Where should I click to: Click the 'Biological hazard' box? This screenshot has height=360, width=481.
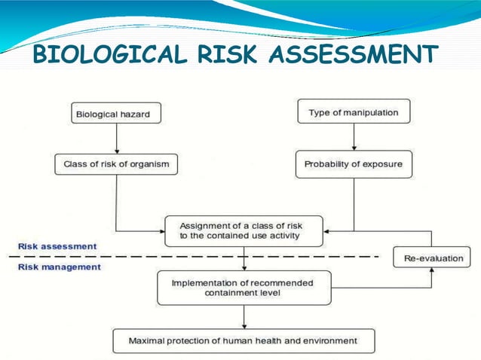(x=116, y=114)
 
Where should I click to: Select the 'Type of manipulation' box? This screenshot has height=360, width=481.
(x=354, y=113)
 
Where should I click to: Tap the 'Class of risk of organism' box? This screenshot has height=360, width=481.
(x=116, y=164)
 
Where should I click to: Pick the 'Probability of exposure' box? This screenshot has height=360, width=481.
(x=354, y=164)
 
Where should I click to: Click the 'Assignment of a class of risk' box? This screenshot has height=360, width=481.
(x=244, y=230)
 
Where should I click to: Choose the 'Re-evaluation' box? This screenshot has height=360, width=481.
(x=432, y=258)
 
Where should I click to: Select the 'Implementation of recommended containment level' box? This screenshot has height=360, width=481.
(x=244, y=287)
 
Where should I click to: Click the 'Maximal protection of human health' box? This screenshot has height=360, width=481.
(x=243, y=340)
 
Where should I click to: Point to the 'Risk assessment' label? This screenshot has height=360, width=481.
(x=57, y=246)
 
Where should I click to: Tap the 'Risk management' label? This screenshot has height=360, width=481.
(x=60, y=267)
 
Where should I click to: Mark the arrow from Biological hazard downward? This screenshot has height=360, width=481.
(x=116, y=139)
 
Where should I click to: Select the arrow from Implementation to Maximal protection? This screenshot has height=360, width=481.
(x=244, y=316)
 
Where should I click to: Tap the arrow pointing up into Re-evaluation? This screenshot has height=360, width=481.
(x=432, y=276)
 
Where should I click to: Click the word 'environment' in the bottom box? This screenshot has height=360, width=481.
(x=329, y=340)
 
